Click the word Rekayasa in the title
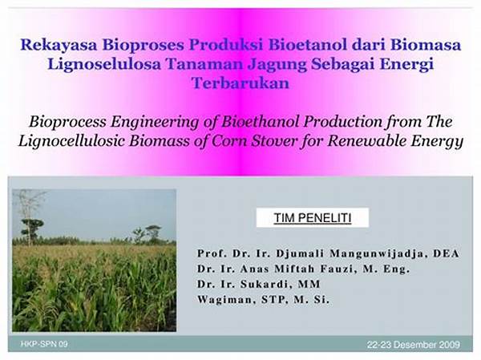tap(59, 44)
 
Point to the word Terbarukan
tap(240, 83)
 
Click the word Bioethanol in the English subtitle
tap(260, 122)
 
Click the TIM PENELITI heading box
tap(313, 217)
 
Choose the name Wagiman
tap(225, 300)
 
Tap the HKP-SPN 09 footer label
tap(44, 344)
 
